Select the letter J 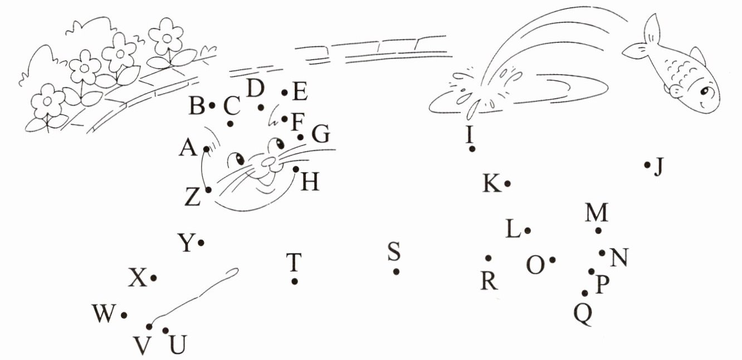(x=659, y=166)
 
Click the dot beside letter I (x=472, y=149)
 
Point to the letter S (x=394, y=252)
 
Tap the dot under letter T (x=295, y=281)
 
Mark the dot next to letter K (x=507, y=183)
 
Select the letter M (x=597, y=213)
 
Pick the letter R (x=489, y=281)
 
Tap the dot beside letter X (x=153, y=278)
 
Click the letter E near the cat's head (x=300, y=92)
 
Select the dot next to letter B (x=212, y=105)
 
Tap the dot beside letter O (x=552, y=260)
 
